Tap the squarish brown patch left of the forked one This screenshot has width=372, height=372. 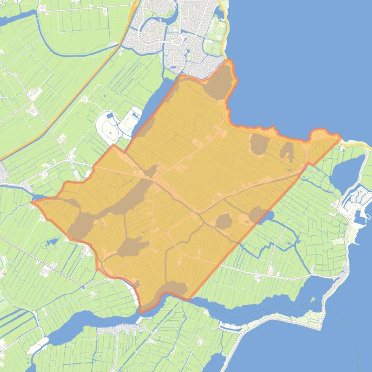[x=259, y=144]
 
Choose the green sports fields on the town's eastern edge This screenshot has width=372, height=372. [x=215, y=45]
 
